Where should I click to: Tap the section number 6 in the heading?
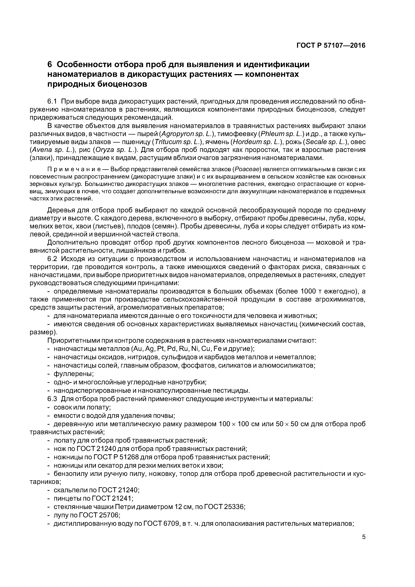click(x=50, y=65)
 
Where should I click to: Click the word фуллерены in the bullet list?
click(x=74, y=374)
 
